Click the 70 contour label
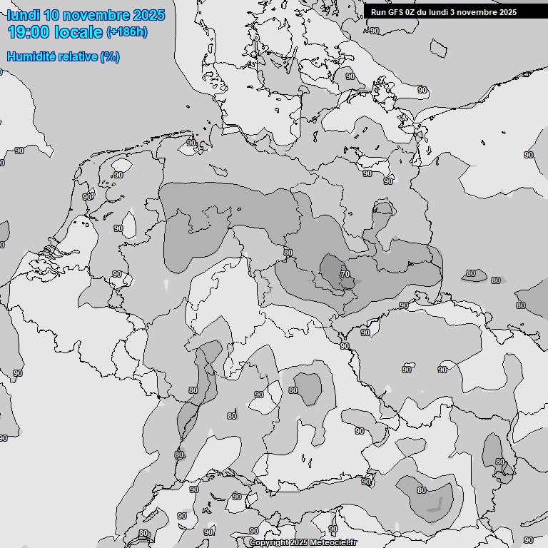click(x=345, y=274)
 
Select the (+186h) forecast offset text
click(x=127, y=32)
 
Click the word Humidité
click(x=29, y=56)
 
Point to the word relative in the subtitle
click(x=76, y=56)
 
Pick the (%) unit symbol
click(x=110, y=56)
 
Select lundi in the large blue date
click(x=24, y=15)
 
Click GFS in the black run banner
click(x=393, y=12)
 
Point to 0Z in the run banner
click(x=410, y=12)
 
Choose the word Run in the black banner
click(x=377, y=12)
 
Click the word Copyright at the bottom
click(x=268, y=543)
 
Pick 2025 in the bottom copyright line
click(x=299, y=543)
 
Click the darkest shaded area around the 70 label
click(x=333, y=274)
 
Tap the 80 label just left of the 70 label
click(x=288, y=253)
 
